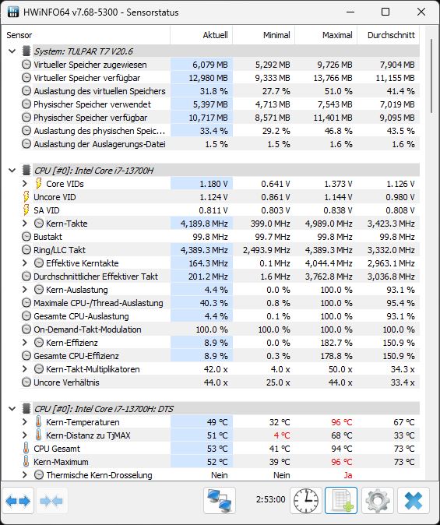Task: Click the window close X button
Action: point(421,12)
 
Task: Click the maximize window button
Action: point(385,12)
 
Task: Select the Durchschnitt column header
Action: point(391,35)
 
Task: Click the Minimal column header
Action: point(276,35)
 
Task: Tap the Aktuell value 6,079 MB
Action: point(210,65)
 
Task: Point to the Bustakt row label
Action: point(48,237)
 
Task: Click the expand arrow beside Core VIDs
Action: point(24,184)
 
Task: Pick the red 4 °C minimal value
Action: point(282,435)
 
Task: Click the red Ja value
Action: point(348,475)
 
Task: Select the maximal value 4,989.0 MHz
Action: point(329,224)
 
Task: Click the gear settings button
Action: point(378,501)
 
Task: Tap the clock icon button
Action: point(306,501)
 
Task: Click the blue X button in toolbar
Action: point(414,501)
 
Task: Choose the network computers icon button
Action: point(220,501)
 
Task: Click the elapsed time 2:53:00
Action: point(270,499)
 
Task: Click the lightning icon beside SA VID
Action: point(26,210)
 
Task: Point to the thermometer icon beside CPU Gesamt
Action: point(26,449)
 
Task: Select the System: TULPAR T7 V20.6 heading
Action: point(83,51)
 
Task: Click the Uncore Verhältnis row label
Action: point(66,382)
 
